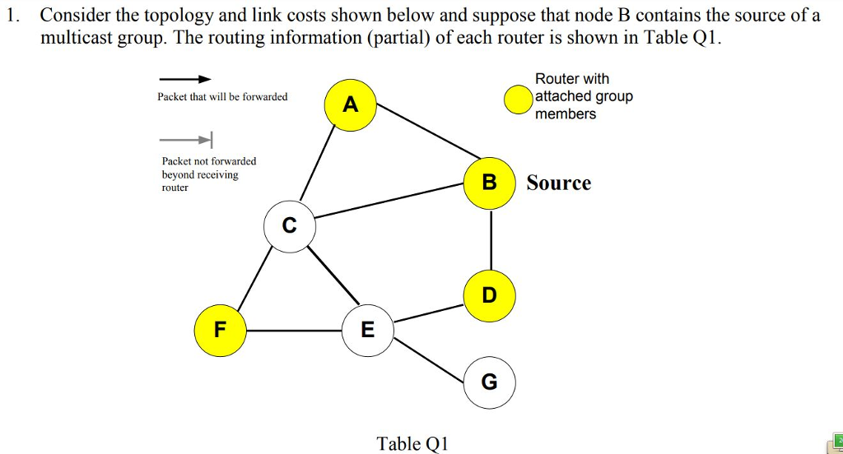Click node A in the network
pos(352,105)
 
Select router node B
pos(489,183)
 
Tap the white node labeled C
pos(289,225)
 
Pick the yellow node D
pos(489,294)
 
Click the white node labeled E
pos(367,330)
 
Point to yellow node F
pos(220,330)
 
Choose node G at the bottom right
pos(489,382)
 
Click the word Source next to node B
pos(558,183)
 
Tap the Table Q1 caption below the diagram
pos(412,444)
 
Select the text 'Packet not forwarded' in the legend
pos(209,161)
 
